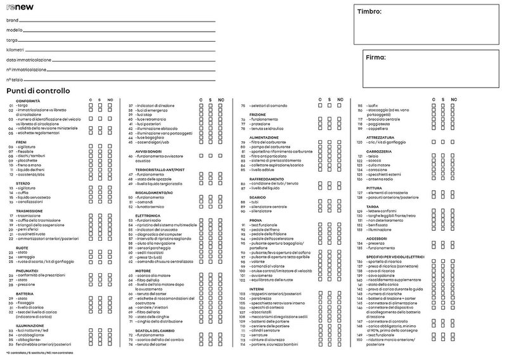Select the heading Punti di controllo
[38, 91]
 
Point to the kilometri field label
[15, 48]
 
